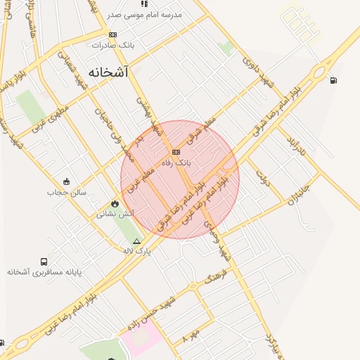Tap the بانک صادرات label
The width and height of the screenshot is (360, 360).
coord(112,44)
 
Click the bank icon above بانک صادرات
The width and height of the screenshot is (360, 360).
coord(112,34)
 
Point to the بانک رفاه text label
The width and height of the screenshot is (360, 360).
coord(176,162)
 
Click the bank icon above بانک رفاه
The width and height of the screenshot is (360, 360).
coord(176,152)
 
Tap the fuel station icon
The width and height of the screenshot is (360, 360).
coord(333,80)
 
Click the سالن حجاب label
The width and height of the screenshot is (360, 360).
coord(67,191)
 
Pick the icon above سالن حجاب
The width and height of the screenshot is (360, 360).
coord(67,181)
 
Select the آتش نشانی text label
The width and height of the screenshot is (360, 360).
coord(112,212)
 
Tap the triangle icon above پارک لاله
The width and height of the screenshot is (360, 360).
coord(136,241)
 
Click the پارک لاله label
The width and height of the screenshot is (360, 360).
coord(136,250)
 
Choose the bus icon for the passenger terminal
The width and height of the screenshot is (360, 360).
coord(44,262)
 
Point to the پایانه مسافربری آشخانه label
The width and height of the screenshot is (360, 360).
coord(45,271)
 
